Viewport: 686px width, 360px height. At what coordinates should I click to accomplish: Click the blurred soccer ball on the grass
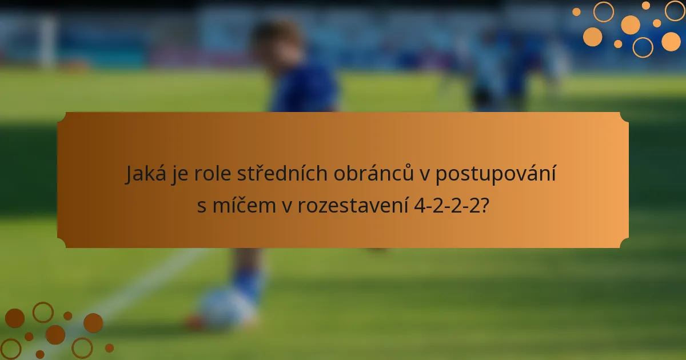[x=223, y=309]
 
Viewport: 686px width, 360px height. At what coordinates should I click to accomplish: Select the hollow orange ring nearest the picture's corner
[x=675, y=10]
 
